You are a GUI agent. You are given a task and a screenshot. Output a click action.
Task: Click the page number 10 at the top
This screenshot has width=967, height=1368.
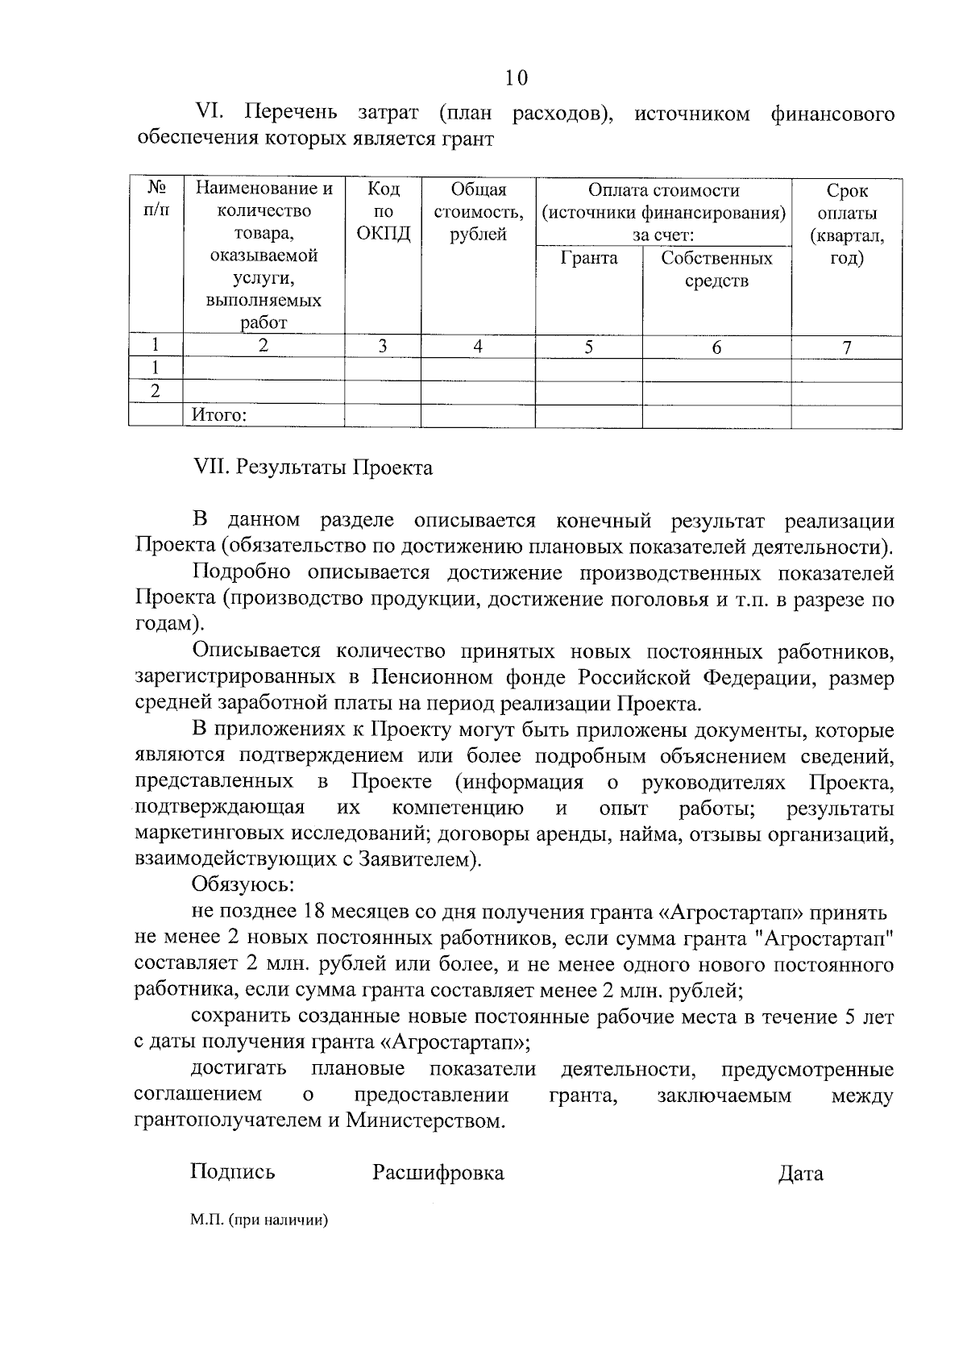[517, 77]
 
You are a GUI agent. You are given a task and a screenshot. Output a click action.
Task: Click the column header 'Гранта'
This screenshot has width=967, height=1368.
[589, 258]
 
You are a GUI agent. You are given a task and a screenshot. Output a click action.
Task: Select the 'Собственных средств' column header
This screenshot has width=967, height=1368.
[716, 269]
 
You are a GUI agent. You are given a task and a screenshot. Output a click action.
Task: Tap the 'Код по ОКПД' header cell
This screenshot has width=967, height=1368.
[383, 212]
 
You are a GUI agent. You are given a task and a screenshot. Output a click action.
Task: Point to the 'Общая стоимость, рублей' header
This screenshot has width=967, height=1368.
[478, 212]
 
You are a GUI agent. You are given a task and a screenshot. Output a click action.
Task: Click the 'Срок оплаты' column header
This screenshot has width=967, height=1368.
[846, 225]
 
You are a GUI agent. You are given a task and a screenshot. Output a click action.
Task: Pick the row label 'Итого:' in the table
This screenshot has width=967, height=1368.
[218, 416]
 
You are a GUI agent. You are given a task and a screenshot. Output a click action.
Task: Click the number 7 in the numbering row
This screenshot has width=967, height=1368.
[846, 347]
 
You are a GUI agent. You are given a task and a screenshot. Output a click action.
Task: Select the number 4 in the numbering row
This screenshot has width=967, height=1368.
[478, 347]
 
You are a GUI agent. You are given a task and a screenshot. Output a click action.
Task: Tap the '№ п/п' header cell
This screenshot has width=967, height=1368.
[156, 200]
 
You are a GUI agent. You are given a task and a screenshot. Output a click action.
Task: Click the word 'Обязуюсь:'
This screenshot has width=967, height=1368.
[243, 885]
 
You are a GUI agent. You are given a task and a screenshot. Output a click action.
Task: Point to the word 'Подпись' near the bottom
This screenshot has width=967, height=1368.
[232, 1171]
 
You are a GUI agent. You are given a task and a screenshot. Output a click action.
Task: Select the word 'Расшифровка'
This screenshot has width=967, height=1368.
[438, 1173]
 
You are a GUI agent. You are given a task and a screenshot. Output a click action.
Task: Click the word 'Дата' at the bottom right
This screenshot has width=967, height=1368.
[800, 1174]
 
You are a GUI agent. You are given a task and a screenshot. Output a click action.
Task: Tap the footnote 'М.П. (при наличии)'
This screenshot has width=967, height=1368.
[260, 1220]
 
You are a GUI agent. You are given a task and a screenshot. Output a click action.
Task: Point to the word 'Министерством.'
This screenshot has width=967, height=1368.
[425, 1121]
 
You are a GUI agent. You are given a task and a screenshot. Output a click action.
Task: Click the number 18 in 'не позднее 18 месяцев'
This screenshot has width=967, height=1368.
[313, 913]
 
